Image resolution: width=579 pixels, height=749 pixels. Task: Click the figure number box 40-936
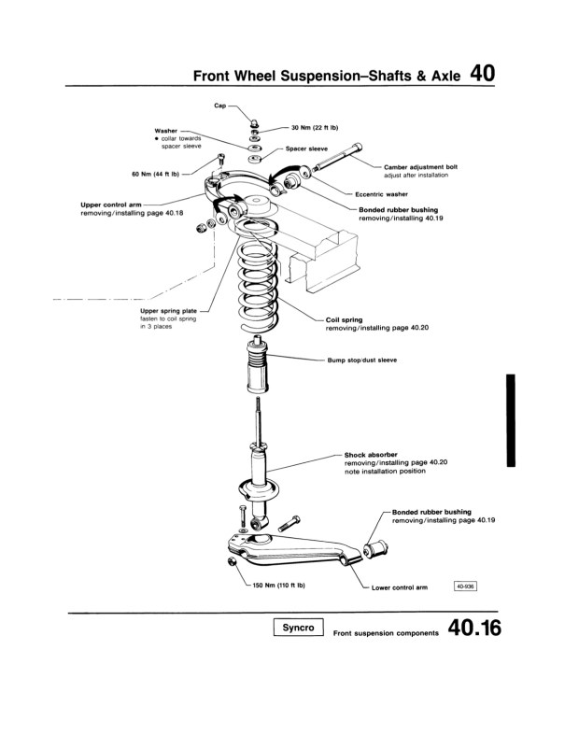click(x=465, y=586)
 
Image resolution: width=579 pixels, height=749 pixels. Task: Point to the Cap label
click(x=220, y=107)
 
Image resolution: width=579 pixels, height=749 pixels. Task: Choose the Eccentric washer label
click(x=382, y=194)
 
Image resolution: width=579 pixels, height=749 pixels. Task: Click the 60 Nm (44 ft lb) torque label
click(x=156, y=173)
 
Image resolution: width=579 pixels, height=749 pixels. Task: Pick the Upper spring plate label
click(x=167, y=311)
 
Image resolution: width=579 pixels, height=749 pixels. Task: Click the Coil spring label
click(x=344, y=320)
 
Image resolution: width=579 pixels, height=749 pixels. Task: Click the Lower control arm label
click(x=399, y=588)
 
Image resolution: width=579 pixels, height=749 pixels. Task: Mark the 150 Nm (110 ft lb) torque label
click(x=279, y=586)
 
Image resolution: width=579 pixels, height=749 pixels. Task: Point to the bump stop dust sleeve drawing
click(x=259, y=369)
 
